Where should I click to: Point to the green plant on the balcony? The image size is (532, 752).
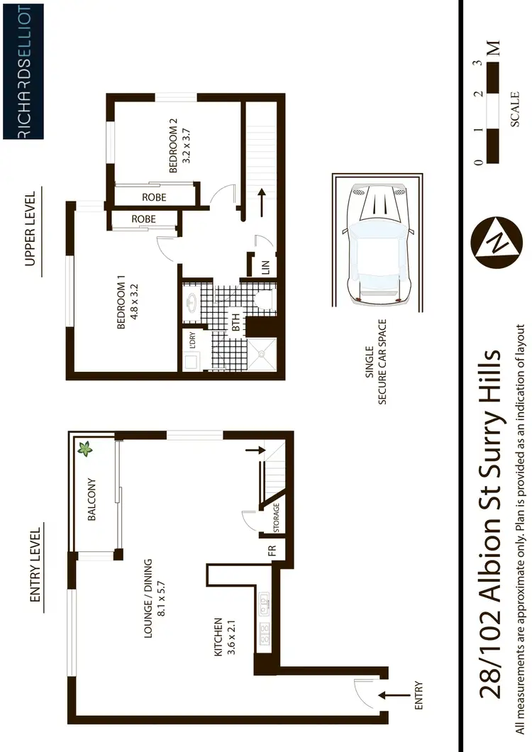[86, 448]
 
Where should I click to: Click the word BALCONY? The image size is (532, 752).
[92, 500]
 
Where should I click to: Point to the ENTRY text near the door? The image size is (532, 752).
[418, 697]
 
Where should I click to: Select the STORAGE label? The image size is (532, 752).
[276, 519]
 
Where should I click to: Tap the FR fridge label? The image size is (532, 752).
[272, 551]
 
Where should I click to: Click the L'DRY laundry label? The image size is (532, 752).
[192, 340]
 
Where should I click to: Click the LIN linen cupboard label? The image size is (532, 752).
[266, 267]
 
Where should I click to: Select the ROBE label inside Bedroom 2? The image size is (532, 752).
[154, 197]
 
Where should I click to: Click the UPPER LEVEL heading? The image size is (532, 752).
[30, 231]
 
